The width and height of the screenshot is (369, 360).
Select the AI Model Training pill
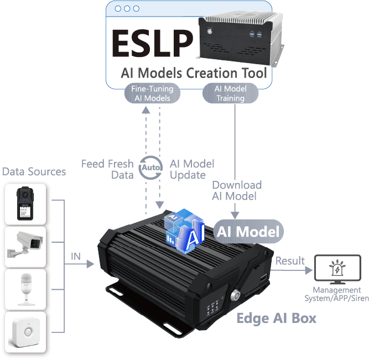coord(230,93)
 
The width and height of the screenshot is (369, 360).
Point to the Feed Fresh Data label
coord(107,169)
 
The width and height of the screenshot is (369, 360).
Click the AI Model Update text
coord(191,169)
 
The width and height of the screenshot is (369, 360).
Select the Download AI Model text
coord(237,190)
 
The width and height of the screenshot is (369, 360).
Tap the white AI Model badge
coord(248,231)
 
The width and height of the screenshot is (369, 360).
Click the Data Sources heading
coord(34,171)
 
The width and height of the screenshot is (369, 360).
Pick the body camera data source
coord(25,204)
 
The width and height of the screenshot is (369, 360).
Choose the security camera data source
coord(25,246)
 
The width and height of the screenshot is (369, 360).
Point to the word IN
coord(76,257)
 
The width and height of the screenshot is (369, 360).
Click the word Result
coord(290,260)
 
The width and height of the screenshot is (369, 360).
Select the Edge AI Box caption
coord(277,318)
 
